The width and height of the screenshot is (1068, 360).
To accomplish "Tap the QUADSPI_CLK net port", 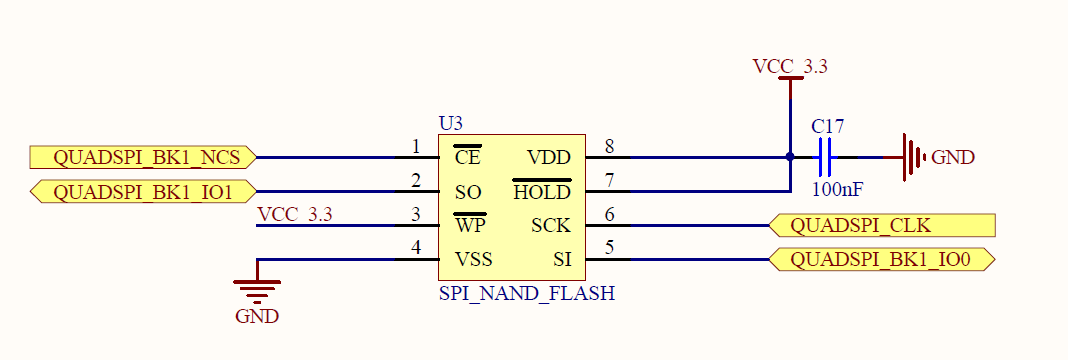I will pyautogui.click(x=884, y=225).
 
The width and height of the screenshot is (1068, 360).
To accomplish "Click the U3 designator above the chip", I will pyautogui.click(x=451, y=124).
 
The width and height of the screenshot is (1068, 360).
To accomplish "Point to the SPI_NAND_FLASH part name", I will pyautogui.click(x=526, y=294).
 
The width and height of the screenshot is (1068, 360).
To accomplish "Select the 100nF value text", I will pyautogui.click(x=836, y=187).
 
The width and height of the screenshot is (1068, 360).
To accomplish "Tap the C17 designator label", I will pyautogui.click(x=828, y=127).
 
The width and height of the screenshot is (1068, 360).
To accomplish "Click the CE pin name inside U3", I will pyautogui.click(x=467, y=157).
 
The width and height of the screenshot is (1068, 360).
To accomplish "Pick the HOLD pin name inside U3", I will pyautogui.click(x=541, y=192).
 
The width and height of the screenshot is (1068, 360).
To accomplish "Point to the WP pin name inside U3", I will pyautogui.click(x=469, y=226).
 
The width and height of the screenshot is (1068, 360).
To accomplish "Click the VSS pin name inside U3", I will pyautogui.click(x=474, y=260).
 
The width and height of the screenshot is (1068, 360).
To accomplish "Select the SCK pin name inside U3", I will pyautogui.click(x=550, y=226).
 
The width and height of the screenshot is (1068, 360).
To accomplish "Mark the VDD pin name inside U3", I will pyautogui.click(x=548, y=157).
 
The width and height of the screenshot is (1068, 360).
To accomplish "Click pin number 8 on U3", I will pyautogui.click(x=609, y=147).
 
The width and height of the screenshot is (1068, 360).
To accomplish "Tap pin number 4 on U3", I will pyautogui.click(x=416, y=250).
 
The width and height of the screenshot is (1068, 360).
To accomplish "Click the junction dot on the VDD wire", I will pyautogui.click(x=790, y=157).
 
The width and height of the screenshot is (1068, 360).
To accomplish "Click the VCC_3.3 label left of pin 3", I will pyautogui.click(x=295, y=214).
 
